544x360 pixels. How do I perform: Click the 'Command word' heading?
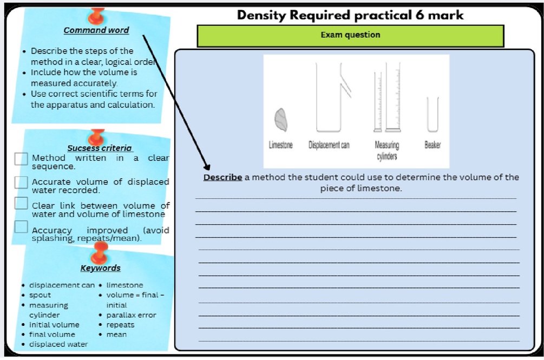coord(96,30)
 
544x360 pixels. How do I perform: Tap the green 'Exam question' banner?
coord(350,35)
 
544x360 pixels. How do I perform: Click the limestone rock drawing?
coord(281,120)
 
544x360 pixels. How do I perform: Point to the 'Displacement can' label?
coord(329,145)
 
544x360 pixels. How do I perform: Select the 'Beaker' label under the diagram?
coord(432,145)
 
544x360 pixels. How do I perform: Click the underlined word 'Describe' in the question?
coord(222,177)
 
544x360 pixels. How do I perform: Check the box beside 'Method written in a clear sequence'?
coord(21,159)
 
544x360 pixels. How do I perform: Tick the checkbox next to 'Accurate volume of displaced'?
coord(21,182)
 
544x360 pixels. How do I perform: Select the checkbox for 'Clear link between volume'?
coord(21,203)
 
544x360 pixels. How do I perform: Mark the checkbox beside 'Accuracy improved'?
coord(21,226)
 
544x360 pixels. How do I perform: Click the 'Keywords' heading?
coord(100,268)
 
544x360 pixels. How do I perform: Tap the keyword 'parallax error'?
coord(131,315)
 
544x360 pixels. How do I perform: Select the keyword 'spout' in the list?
coord(40,295)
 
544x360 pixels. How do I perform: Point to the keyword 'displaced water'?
coord(58,344)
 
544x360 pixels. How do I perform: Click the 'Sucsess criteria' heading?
coord(100,148)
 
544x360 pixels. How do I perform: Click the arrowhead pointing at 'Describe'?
coord(207,167)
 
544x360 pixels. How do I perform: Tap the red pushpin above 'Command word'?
coord(97,16)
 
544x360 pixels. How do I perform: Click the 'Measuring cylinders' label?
coord(387,150)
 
